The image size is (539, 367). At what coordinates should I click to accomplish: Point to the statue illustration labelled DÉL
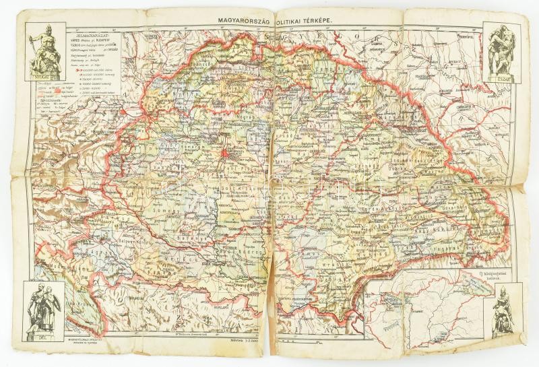click(x=44, y=306)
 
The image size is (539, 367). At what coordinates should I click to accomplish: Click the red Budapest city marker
click(x=225, y=154)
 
